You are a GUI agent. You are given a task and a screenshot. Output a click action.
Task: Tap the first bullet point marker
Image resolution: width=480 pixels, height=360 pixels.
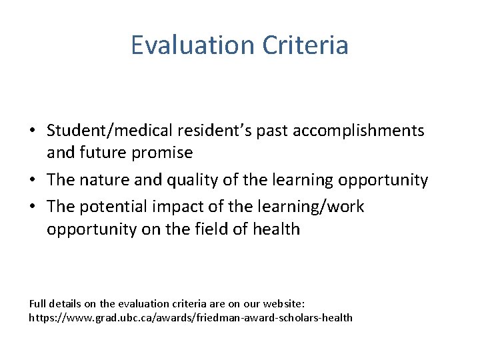(x=33, y=130)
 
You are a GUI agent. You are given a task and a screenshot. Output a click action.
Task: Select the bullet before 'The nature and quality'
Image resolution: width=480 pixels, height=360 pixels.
(x=33, y=180)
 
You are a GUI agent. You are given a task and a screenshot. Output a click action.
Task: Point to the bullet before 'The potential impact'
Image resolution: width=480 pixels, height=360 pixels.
(x=33, y=207)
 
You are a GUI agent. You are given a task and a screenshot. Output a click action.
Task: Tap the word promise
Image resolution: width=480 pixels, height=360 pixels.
(x=163, y=153)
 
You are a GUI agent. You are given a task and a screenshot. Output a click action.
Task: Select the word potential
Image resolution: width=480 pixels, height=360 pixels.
(x=110, y=207)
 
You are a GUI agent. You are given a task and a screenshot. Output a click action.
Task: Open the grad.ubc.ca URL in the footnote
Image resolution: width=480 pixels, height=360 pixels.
(x=191, y=317)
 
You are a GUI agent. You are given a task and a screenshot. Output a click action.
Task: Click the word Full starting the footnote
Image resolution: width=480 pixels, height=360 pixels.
(x=37, y=303)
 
